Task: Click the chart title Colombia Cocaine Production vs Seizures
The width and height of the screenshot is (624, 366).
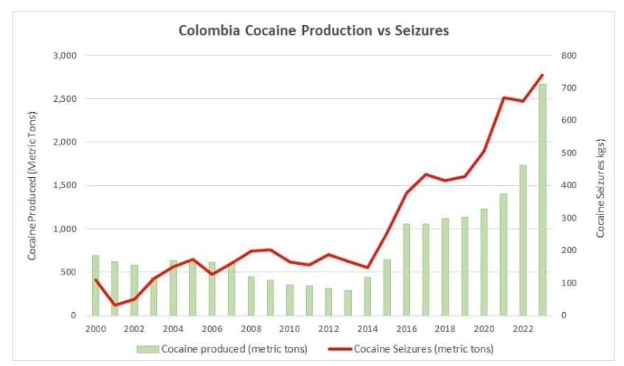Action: (313, 31)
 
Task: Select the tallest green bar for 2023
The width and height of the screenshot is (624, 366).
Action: (542, 199)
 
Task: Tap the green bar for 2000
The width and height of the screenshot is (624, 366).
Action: (96, 285)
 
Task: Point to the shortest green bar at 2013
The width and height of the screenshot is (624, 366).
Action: (348, 303)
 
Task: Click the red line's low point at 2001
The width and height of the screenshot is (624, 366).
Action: (115, 305)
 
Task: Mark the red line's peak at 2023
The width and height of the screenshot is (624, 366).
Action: (542, 75)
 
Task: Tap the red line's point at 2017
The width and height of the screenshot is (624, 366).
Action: (426, 174)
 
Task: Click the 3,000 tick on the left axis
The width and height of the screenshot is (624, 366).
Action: (66, 55)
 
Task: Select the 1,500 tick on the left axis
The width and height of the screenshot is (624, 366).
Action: (66, 185)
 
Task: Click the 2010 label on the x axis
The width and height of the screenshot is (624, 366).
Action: (290, 329)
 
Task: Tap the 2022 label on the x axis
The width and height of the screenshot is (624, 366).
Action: (523, 329)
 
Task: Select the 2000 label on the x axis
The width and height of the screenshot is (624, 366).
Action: (96, 329)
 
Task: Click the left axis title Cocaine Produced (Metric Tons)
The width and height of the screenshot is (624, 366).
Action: (32, 184)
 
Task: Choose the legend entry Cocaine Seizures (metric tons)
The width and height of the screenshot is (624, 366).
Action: (413, 348)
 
